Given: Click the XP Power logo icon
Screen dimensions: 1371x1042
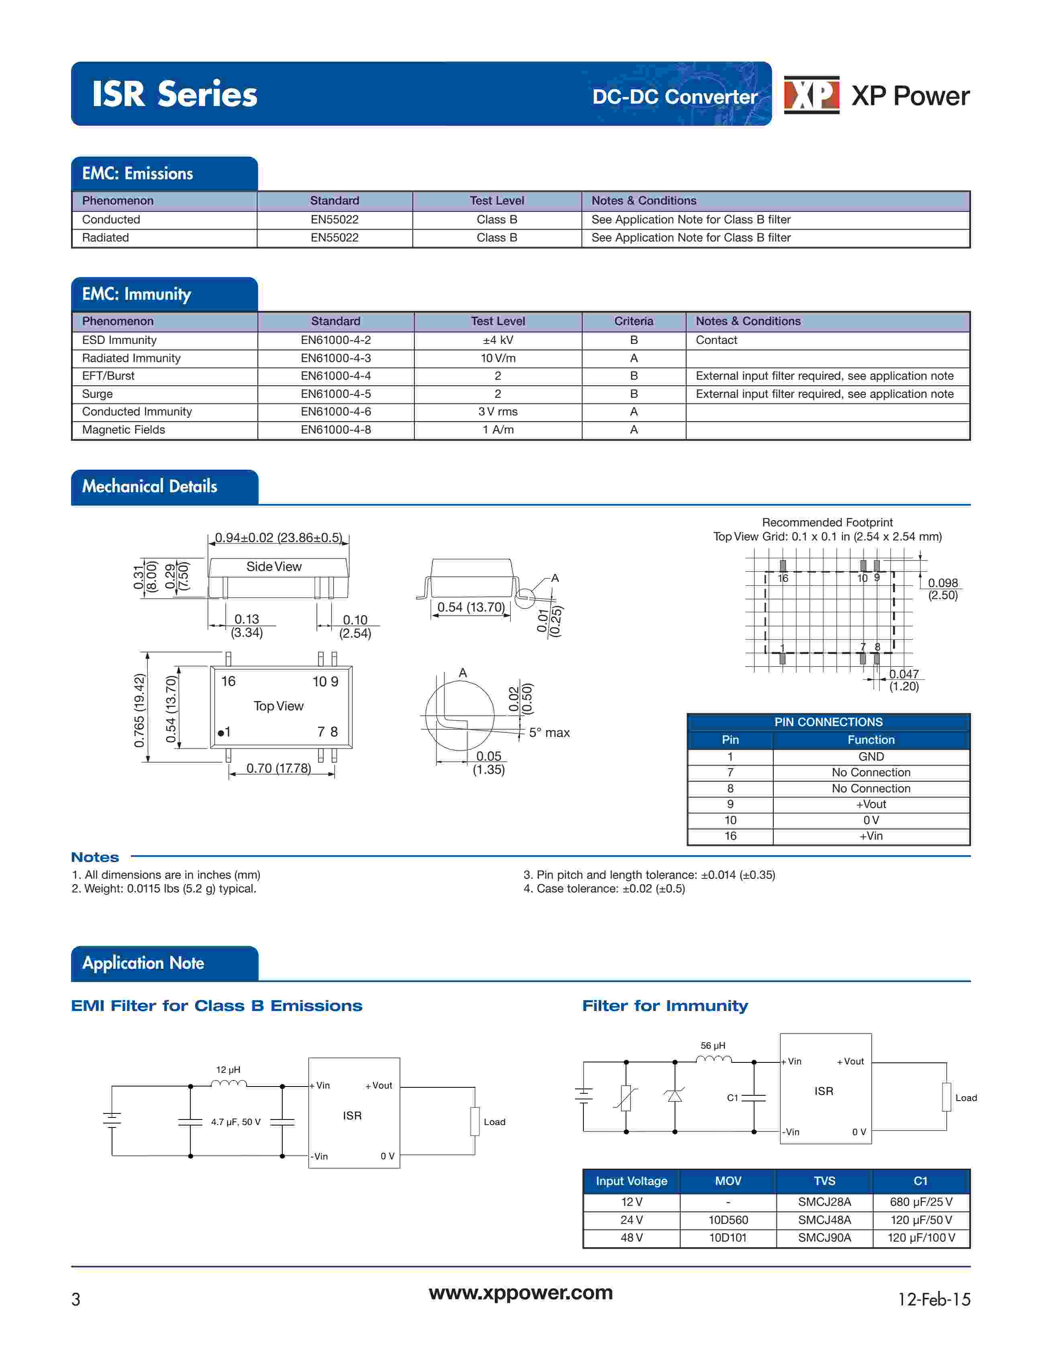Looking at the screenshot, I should [x=811, y=95].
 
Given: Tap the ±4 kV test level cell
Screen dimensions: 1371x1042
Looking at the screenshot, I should [x=498, y=340].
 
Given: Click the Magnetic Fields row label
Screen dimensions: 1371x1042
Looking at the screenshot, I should [x=123, y=430].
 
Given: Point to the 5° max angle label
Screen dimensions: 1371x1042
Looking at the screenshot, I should [x=549, y=733].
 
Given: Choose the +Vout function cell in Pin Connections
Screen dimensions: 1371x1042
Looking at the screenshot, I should [x=871, y=804].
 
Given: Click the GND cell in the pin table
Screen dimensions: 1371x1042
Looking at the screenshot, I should [x=871, y=757].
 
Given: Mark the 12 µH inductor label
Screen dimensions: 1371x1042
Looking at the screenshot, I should [x=228, y=1070].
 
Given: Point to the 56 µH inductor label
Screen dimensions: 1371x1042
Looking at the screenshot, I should [x=713, y=1046].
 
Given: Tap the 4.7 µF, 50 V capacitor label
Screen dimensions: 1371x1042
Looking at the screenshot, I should [x=236, y=1122].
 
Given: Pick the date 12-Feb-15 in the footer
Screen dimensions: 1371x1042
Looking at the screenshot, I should [x=934, y=1299].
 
